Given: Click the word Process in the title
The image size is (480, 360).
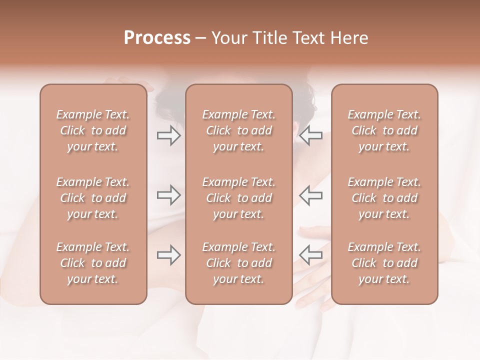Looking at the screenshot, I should pyautogui.click(x=157, y=38).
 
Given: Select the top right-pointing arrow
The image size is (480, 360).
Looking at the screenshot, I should pyautogui.click(x=168, y=135).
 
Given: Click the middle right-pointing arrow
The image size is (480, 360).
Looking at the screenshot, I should pyautogui.click(x=168, y=195).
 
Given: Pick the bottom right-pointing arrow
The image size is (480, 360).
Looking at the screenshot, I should pyautogui.click(x=168, y=255).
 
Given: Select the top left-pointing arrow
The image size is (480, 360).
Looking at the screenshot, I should pyautogui.click(x=311, y=135).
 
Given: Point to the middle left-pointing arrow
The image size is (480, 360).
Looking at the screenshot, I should pyautogui.click(x=311, y=195).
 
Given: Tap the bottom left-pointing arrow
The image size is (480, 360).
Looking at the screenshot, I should pyautogui.click(x=311, y=255).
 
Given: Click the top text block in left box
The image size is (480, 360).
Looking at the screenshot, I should pyautogui.click(x=93, y=130).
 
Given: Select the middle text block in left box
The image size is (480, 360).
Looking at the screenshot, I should pyautogui.click(x=93, y=198).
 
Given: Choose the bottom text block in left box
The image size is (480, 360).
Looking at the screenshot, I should pyautogui.click(x=93, y=263).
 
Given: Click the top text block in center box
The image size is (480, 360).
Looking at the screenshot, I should pyautogui.click(x=239, y=130).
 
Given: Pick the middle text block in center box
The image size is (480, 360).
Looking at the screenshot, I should pyautogui.click(x=239, y=198).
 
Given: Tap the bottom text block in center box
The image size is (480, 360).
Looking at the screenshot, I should pyautogui.click(x=239, y=263).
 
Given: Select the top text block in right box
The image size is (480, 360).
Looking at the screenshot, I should pyautogui.click(x=384, y=130).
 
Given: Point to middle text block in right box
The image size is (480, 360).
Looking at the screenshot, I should pyautogui.click(x=384, y=198).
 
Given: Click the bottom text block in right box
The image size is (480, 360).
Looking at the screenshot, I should pyautogui.click(x=384, y=263).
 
